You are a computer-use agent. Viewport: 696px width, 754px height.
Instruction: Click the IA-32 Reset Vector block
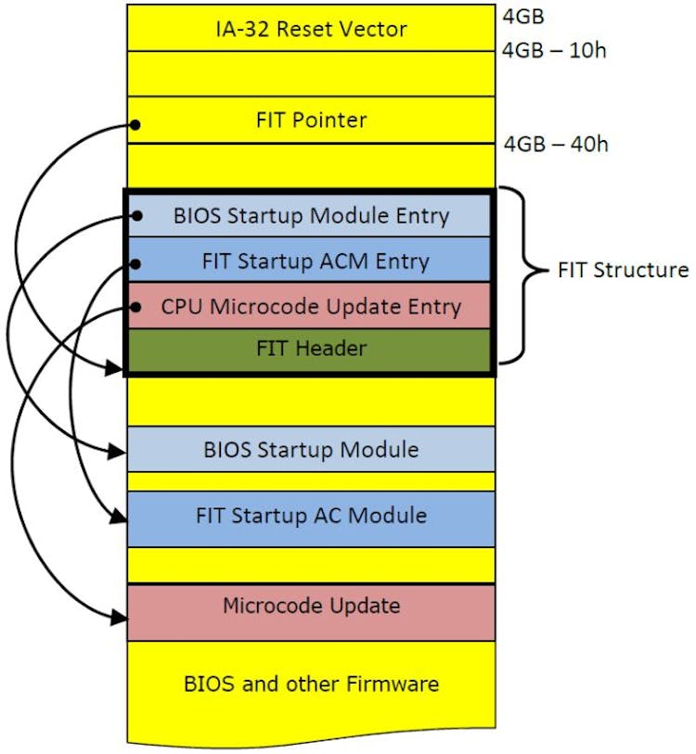coord(311,28)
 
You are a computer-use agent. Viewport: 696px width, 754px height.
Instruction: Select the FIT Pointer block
coord(311,121)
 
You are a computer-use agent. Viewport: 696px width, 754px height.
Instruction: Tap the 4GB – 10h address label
coord(554,50)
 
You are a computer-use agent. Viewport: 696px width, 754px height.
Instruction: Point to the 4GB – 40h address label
coord(556,144)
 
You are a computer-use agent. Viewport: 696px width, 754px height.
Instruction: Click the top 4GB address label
coord(522,15)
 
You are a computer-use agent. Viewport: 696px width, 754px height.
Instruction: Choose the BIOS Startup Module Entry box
coord(311,216)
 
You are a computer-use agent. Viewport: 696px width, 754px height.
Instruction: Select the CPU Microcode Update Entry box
coord(311,306)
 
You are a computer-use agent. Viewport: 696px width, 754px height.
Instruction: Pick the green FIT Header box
coord(311,350)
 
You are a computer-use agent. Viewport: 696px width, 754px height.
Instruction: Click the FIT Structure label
coord(623,270)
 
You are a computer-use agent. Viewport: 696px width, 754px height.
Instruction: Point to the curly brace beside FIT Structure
coord(520,271)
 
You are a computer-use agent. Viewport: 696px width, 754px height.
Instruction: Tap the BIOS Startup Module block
coord(311,450)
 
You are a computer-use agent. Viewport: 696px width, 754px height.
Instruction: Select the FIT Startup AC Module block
coord(311,516)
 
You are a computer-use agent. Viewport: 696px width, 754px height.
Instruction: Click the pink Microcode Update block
coord(311,607)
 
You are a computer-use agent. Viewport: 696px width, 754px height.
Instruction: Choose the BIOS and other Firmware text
coord(311,684)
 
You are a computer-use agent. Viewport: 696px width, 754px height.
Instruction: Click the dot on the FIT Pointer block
coord(135,124)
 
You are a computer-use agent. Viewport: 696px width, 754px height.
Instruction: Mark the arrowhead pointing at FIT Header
coord(116,368)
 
